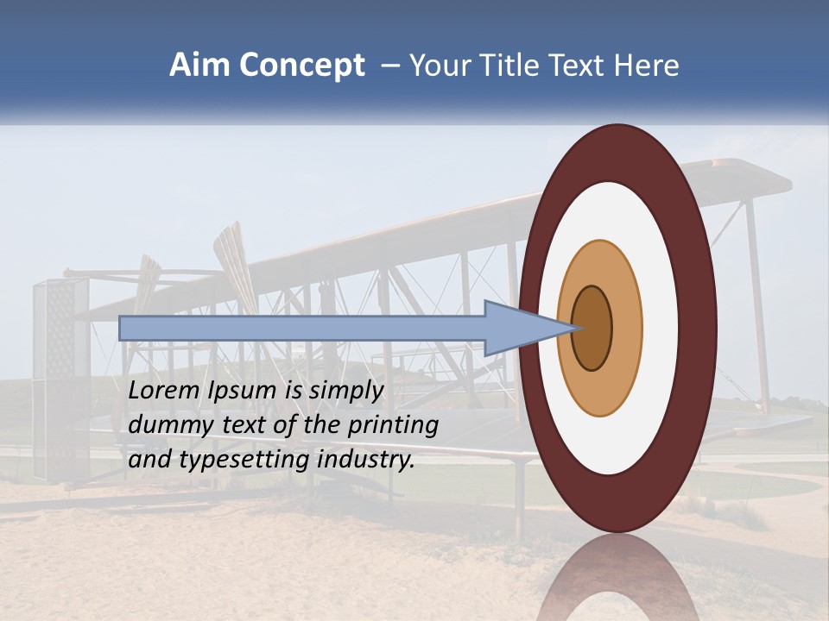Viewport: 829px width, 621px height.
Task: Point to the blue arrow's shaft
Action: [302, 329]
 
